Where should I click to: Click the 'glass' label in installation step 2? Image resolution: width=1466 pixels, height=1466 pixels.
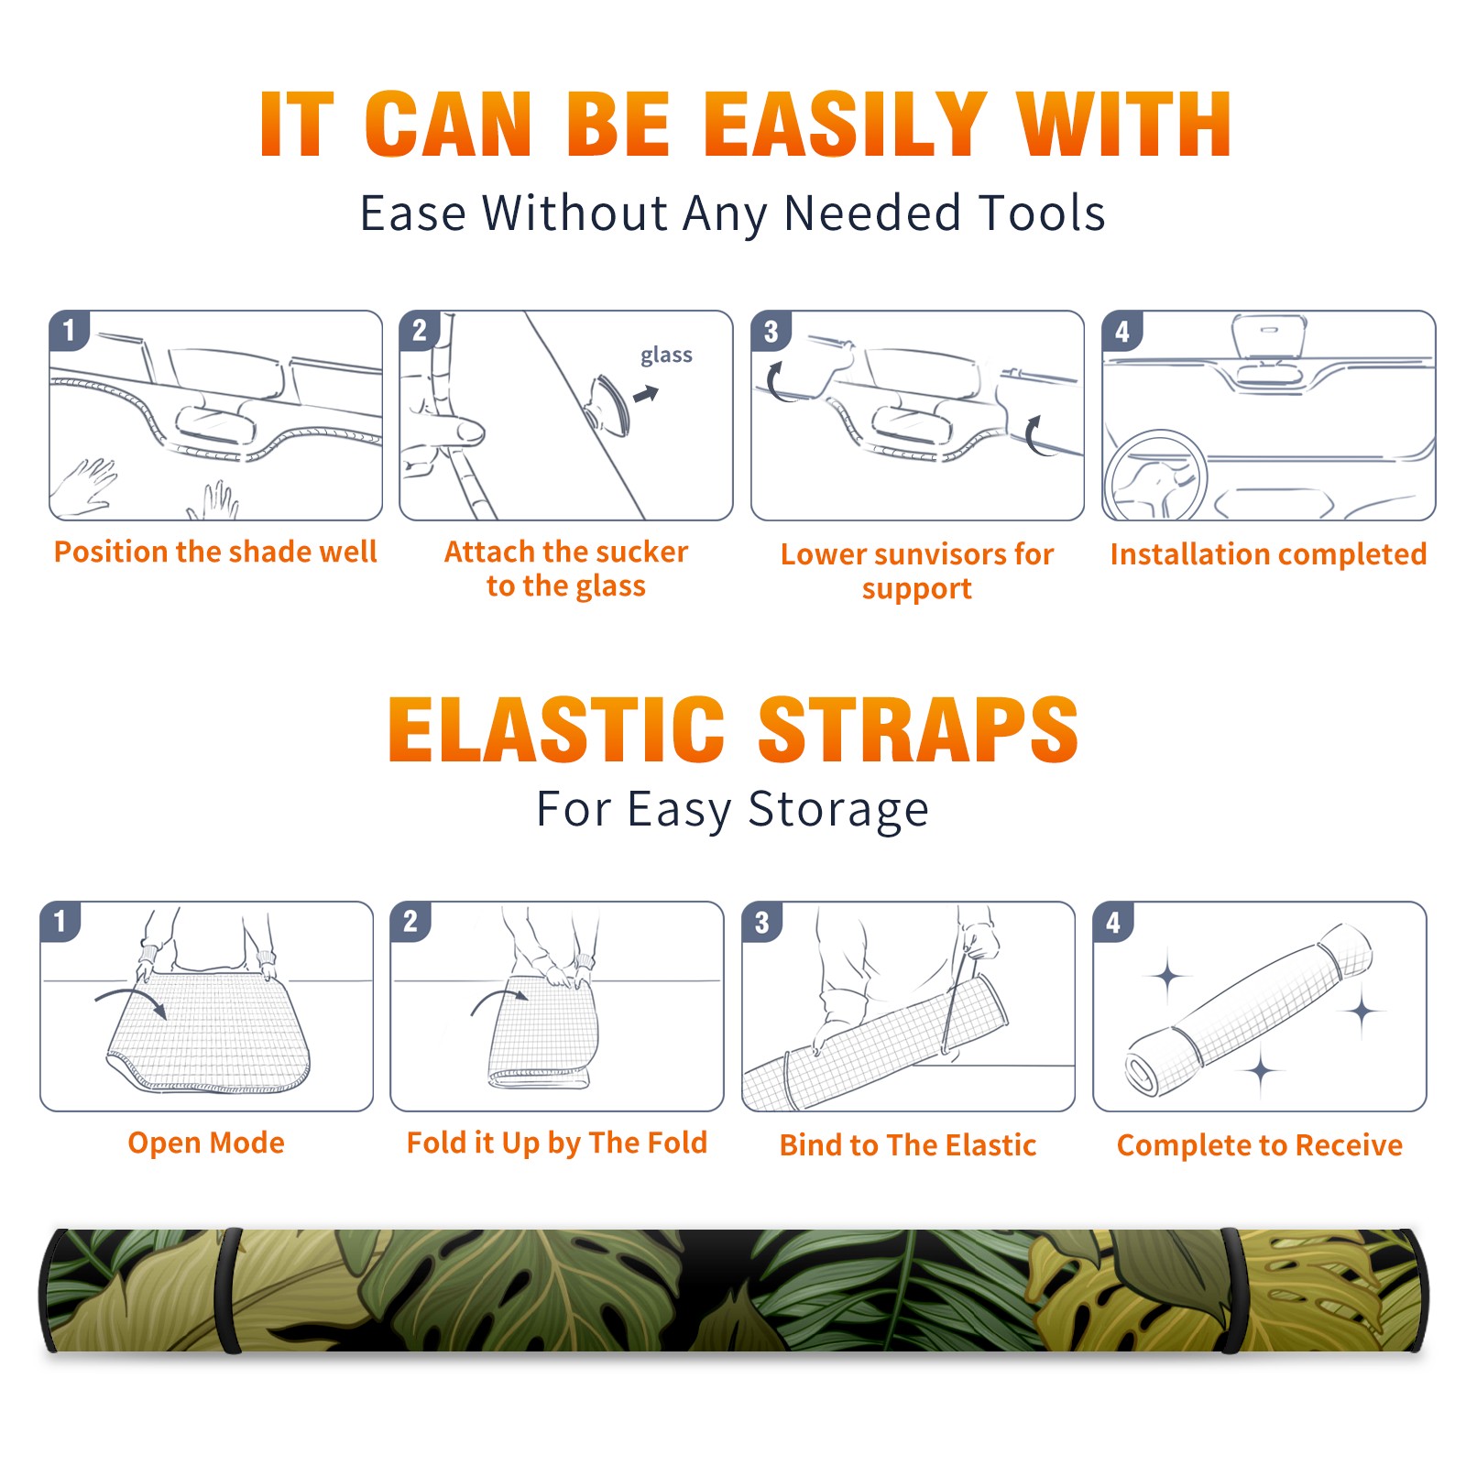click(x=666, y=356)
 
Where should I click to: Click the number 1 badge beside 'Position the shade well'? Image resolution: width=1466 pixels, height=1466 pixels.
click(x=69, y=329)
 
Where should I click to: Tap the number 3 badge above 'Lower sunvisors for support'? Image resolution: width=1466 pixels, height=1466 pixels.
click(x=771, y=331)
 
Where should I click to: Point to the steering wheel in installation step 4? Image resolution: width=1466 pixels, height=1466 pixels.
click(x=1155, y=476)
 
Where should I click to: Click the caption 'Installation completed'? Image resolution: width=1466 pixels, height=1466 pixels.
click(x=1268, y=554)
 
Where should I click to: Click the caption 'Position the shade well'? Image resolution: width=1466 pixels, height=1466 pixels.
click(x=215, y=552)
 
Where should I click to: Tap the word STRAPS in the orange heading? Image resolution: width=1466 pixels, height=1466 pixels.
click(x=918, y=729)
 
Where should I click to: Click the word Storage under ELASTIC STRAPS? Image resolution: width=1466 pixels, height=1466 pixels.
click(x=838, y=810)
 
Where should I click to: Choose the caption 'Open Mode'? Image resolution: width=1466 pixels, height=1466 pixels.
click(x=206, y=1143)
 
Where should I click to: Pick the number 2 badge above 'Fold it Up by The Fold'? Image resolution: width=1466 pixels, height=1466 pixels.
click(x=410, y=921)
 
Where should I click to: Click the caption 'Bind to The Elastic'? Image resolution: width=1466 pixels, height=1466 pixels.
click(x=907, y=1145)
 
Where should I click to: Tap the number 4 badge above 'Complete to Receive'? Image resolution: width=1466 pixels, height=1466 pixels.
click(x=1113, y=922)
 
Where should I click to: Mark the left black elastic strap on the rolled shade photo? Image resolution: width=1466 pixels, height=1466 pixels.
click(x=228, y=1290)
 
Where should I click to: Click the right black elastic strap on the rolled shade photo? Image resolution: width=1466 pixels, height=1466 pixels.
click(x=1230, y=1290)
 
